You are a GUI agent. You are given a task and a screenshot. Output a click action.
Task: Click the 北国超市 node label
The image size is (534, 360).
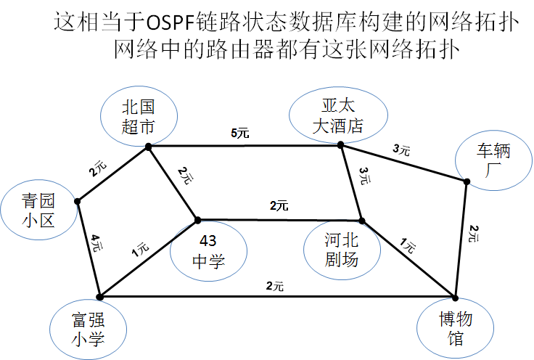point(137,117)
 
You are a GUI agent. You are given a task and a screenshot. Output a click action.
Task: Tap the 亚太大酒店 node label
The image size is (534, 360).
point(337,116)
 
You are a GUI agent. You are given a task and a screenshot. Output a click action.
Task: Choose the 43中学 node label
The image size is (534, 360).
point(208,251)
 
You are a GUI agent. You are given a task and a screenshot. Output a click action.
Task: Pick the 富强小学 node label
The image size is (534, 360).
point(89,329)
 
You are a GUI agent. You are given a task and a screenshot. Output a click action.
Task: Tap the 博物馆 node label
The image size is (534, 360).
point(456,329)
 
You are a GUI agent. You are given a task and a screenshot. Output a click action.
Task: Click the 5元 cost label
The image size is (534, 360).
point(239,133)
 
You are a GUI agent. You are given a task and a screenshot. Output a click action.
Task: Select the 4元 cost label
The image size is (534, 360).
point(96,242)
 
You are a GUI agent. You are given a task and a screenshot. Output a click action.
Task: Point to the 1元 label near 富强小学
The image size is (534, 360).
point(140,250)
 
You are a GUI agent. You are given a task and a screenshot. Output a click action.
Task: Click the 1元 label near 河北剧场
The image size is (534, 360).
point(407,247)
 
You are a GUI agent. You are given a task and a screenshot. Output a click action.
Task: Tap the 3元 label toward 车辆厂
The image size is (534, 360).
point(400,151)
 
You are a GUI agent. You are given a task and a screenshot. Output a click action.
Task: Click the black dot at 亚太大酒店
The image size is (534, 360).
point(340,145)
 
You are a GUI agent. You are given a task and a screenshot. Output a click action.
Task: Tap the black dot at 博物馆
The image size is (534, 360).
point(456,298)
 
